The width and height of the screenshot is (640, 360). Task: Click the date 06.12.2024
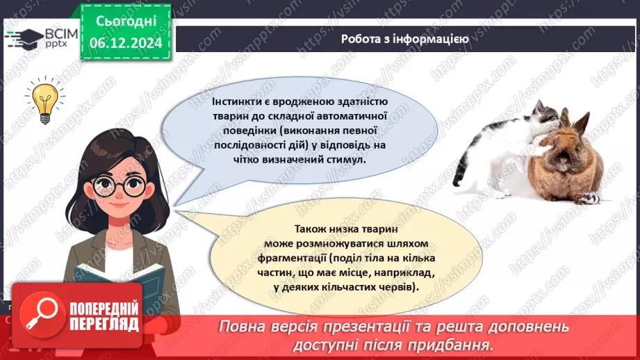click(x=125, y=42)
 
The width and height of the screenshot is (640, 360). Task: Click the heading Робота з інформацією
click(x=404, y=39)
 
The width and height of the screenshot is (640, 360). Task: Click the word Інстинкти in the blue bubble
click(x=236, y=103)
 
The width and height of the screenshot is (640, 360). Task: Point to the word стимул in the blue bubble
click(x=343, y=158)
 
